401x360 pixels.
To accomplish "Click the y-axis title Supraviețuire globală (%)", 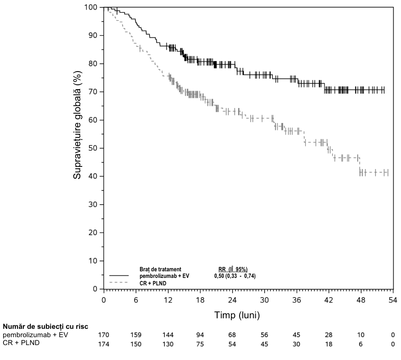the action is [x=77, y=126].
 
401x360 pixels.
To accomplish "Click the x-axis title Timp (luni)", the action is [x=237, y=315].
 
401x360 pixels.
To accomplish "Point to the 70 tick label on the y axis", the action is [x=93, y=92].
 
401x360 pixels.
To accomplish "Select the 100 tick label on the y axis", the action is [x=91, y=7].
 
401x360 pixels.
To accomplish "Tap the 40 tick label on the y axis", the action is [x=93, y=176].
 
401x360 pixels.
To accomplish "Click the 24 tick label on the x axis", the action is [x=232, y=299].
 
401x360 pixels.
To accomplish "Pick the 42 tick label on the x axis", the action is [x=329, y=299].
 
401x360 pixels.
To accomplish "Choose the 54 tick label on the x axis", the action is [x=393, y=299].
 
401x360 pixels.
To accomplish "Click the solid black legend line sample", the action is [x=119, y=276].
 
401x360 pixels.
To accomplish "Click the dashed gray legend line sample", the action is [x=118, y=282].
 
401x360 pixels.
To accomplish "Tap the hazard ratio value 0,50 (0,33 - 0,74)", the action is [x=235, y=276].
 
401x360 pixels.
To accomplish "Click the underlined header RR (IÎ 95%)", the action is [x=233, y=270].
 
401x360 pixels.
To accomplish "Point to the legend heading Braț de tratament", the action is [x=160, y=270].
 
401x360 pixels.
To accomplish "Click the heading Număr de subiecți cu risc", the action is [x=46, y=327].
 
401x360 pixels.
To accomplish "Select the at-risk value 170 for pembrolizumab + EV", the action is [x=104, y=335].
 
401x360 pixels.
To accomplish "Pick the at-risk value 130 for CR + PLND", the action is [x=168, y=344].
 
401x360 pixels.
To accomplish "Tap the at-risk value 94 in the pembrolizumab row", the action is [x=200, y=335].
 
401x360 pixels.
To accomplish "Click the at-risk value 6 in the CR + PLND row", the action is [x=361, y=344].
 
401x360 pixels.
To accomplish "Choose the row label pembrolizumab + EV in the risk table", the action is [x=36, y=335].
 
